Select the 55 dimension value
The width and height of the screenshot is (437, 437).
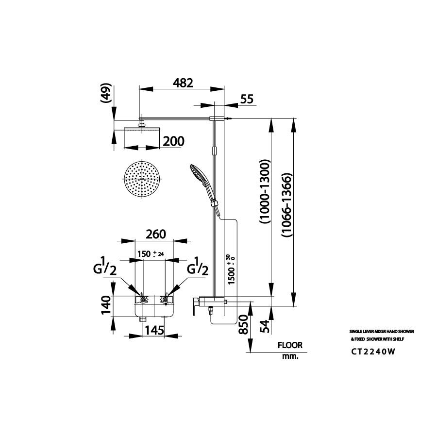click(x=247, y=99)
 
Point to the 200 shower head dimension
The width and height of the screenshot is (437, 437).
click(x=173, y=141)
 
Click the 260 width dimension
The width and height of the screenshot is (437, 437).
click(x=155, y=234)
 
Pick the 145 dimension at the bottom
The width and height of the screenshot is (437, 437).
click(x=153, y=330)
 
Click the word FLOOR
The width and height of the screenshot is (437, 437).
click(x=290, y=346)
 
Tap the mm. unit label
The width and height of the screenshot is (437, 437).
click(x=290, y=356)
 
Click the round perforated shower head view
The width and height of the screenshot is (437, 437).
click(x=142, y=178)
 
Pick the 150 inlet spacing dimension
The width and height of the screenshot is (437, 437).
click(x=148, y=254)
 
